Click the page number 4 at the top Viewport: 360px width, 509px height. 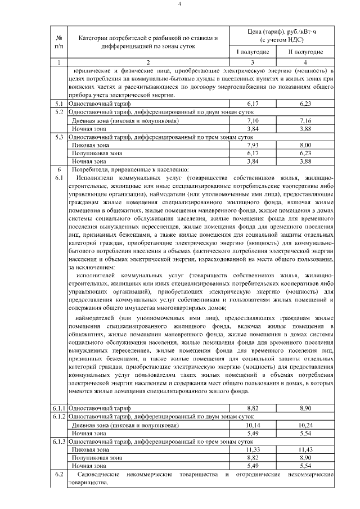click(x=180, y=5)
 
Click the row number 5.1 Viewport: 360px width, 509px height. click(x=59, y=105)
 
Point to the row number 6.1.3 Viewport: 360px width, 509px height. click(x=59, y=442)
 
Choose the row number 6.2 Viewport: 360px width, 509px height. click(x=59, y=475)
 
